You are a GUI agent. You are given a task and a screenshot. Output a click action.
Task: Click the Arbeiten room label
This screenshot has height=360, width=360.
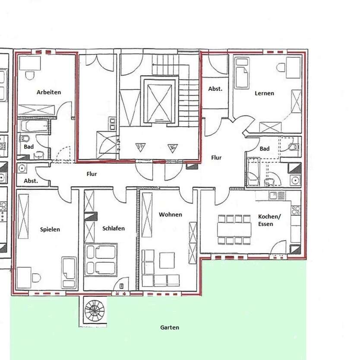coord(49,92)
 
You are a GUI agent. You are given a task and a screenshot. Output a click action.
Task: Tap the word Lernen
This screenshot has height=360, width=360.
coord(264,93)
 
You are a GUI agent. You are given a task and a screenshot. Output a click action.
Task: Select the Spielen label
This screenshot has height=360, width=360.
coord(50,229)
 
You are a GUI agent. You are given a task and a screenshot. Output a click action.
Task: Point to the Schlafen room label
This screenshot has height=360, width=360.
coord(114,229)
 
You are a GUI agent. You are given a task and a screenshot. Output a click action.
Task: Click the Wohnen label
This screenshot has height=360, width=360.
coord(170,214)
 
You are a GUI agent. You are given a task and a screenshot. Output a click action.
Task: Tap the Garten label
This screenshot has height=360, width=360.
coord(170,328)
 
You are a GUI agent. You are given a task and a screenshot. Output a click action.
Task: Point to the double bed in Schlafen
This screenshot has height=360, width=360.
coord(102,260)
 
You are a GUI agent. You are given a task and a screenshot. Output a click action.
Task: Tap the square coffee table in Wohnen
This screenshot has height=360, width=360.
coord(167,261)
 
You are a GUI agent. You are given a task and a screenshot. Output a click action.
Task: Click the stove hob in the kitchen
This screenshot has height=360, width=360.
coord(296,211)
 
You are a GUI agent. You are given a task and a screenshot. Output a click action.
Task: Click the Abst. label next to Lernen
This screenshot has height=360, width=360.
coord(215,89)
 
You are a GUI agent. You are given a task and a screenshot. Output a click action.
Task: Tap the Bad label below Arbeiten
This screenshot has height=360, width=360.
coord(28,147)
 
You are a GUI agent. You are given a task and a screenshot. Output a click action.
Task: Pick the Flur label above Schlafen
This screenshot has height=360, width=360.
coord(92,174)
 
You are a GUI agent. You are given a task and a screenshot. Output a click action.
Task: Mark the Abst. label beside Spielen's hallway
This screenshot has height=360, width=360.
coord(31,181)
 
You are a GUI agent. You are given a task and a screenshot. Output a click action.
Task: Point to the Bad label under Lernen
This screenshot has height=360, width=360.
coord(265,149)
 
